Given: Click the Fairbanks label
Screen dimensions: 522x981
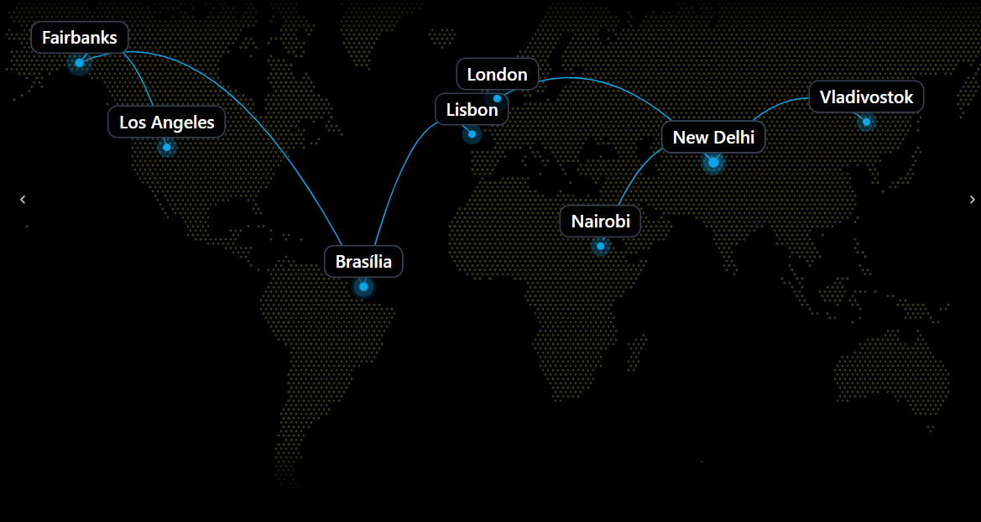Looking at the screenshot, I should click(x=80, y=38).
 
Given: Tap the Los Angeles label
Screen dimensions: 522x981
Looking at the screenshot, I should click(x=167, y=123).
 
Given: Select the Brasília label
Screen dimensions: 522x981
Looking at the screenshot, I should click(x=363, y=262).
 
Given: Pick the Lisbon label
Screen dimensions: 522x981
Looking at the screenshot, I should click(x=472, y=110).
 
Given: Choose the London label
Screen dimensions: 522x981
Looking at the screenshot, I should click(x=497, y=75).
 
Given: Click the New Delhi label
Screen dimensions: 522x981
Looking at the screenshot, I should click(x=713, y=138).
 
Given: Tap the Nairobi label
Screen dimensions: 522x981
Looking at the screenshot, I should click(x=600, y=222).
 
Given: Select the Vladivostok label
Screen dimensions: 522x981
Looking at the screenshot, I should click(x=866, y=97).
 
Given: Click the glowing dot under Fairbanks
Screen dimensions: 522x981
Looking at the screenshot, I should click(x=79, y=63).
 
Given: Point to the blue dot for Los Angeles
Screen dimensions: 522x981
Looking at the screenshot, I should click(x=167, y=148).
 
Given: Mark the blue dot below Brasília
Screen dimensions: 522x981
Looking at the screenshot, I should click(x=363, y=287).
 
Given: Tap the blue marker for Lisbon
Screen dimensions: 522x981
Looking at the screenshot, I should click(x=472, y=134).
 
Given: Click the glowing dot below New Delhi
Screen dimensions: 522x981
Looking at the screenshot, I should click(x=713, y=162).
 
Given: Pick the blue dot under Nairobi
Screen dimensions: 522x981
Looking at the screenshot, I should click(x=600, y=246).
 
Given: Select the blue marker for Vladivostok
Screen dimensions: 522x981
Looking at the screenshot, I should click(x=866, y=122).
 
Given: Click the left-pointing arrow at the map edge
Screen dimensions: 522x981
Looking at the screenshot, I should click(x=23, y=200).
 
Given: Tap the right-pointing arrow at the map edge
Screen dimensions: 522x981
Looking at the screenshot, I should click(x=972, y=200).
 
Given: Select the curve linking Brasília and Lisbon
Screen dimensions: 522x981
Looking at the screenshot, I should click(x=399, y=168).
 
